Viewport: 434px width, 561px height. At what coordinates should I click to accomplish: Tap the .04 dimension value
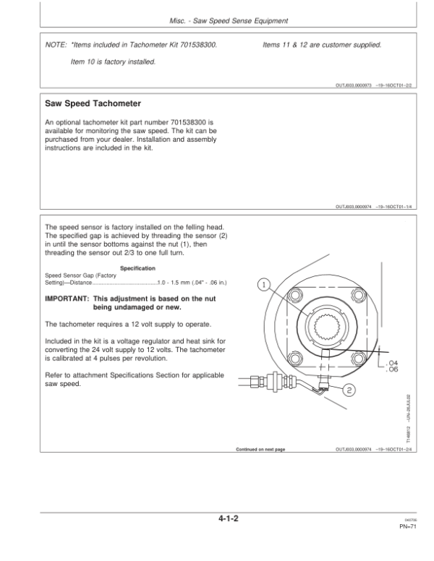(x=393, y=363)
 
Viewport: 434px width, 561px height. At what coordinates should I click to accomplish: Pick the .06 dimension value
(x=393, y=370)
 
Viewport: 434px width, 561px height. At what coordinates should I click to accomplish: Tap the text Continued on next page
(x=260, y=449)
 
